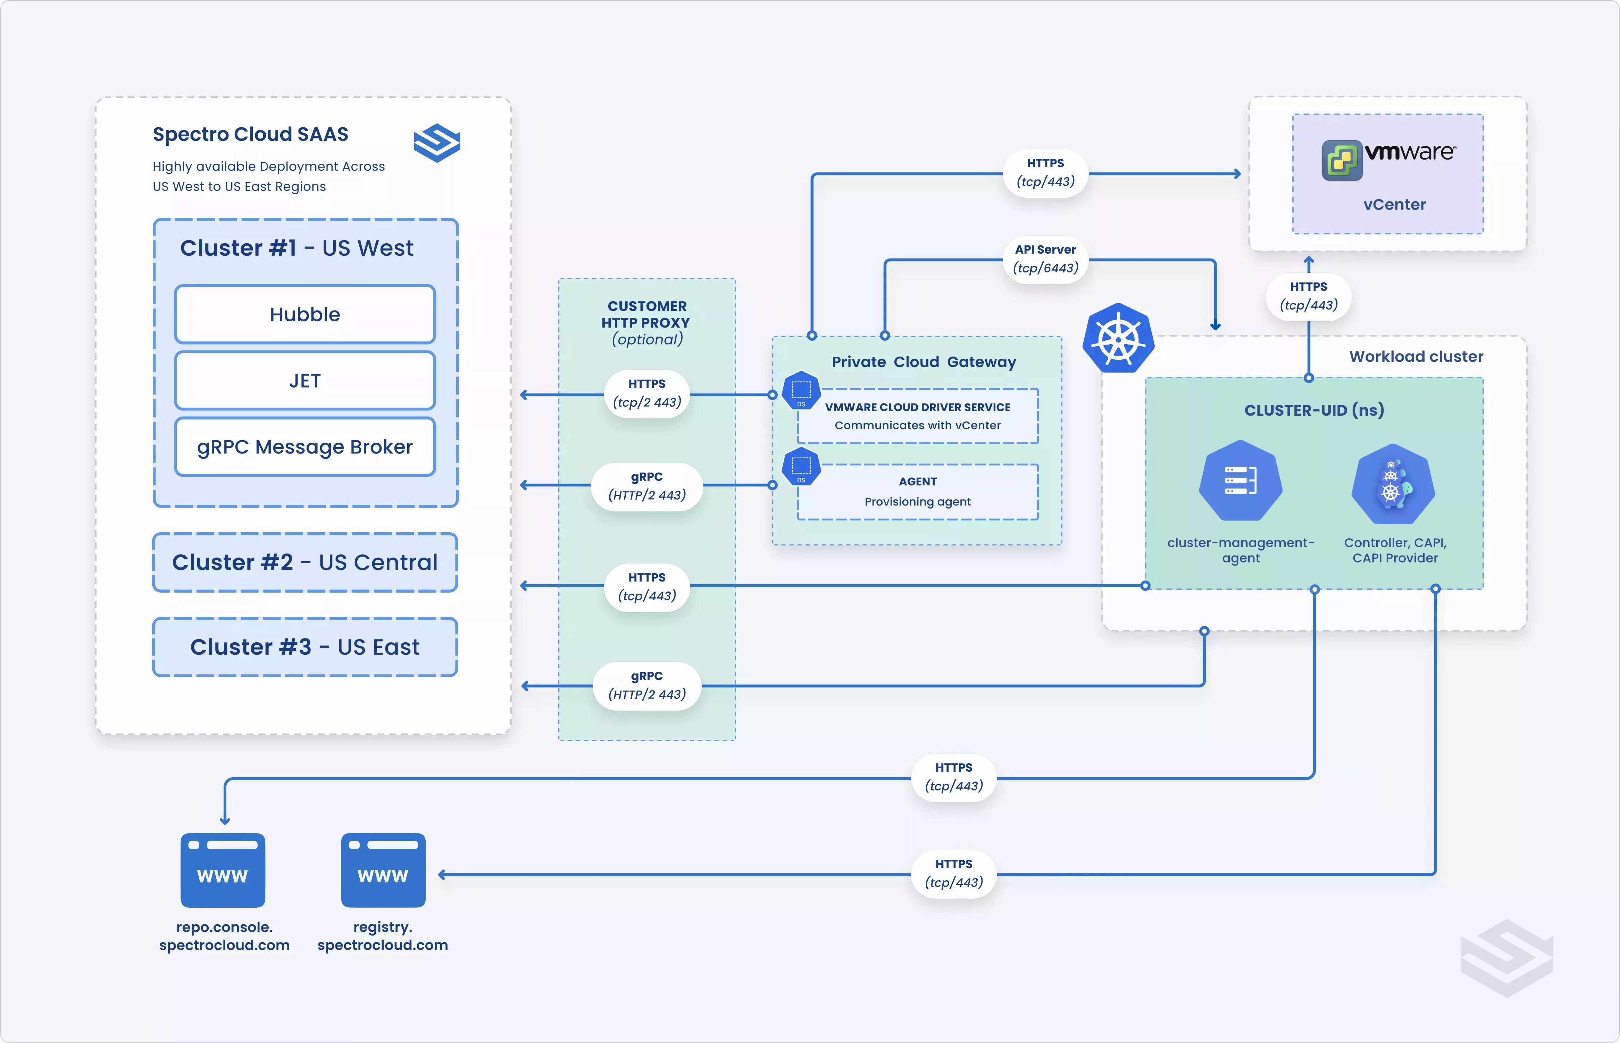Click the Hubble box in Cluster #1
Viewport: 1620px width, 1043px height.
[305, 314]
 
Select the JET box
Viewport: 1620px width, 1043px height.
[305, 381]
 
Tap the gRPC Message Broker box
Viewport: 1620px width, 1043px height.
[305, 447]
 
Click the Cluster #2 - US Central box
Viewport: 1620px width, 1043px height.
[305, 562]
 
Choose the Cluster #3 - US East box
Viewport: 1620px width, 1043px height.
[305, 647]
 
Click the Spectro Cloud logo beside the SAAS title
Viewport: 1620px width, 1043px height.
[437, 143]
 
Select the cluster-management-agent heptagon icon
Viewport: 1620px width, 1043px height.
[1241, 481]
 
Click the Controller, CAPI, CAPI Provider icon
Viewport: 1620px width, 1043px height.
[1393, 484]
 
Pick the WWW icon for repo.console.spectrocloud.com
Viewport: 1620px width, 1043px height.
[223, 870]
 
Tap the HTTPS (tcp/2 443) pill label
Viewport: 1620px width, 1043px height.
[647, 393]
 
